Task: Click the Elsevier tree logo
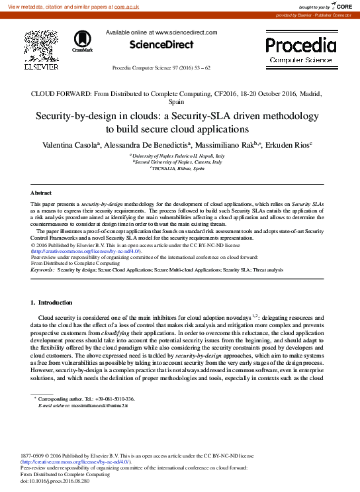[x=41, y=47]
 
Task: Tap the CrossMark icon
[x=83, y=41]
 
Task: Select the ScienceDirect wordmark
[x=161, y=45]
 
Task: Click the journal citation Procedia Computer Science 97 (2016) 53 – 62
[x=161, y=68]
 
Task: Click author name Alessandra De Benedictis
[x=150, y=145]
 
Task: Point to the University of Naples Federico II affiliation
[x=179, y=155]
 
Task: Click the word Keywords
[x=43, y=270]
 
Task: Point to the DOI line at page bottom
[x=55, y=480]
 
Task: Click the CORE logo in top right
[x=340, y=6]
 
